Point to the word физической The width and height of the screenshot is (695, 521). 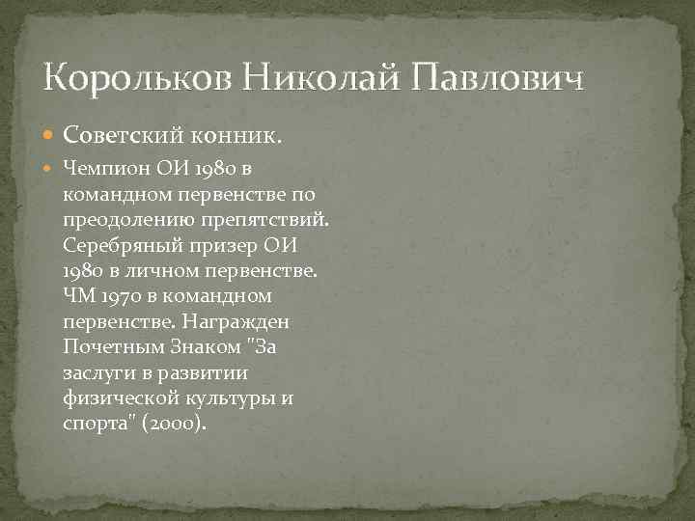(x=113, y=398)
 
